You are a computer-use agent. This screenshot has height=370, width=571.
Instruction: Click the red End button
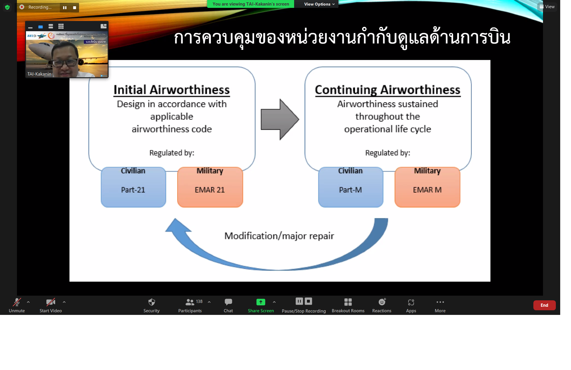point(544,305)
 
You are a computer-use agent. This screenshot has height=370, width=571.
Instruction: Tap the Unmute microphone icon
point(17,302)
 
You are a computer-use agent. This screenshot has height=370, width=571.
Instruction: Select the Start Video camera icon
point(50,302)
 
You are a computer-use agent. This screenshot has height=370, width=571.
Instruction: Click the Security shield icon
point(151,302)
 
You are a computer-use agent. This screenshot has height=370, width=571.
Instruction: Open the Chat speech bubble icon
point(228,302)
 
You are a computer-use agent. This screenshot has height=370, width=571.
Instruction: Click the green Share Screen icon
point(261,302)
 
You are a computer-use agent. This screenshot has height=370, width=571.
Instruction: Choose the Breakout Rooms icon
point(348,302)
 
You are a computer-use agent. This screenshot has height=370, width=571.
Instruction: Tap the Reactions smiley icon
point(382,302)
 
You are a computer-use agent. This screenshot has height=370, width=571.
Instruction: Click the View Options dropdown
point(319,4)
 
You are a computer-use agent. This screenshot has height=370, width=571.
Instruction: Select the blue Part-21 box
point(133,187)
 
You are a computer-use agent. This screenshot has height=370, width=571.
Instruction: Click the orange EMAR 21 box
point(210,187)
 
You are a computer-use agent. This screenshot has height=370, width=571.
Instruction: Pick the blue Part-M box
point(350,187)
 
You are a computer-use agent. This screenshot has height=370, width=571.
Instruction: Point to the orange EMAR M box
point(427,187)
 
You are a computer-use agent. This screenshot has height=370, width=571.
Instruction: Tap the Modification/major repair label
point(279,236)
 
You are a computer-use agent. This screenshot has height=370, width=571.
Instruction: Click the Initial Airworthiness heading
point(172,90)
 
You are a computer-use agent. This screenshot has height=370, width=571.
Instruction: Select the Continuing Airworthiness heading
point(387,90)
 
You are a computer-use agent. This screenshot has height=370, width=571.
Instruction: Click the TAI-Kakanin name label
point(39,74)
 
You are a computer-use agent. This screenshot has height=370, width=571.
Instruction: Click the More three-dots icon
point(440,302)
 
